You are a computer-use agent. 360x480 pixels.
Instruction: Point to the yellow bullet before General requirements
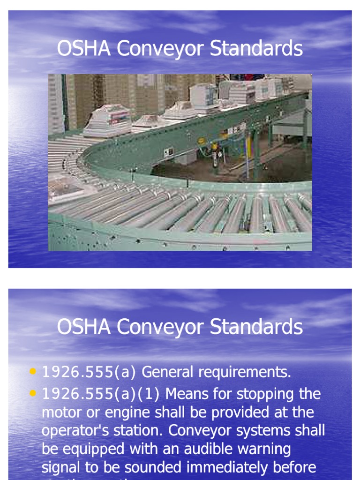32,372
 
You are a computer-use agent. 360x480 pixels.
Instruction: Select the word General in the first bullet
168,372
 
